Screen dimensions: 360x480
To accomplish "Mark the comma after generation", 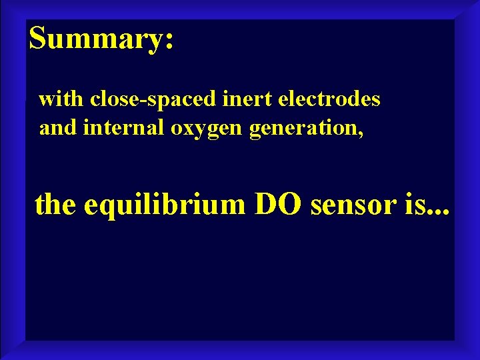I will [x=362, y=132].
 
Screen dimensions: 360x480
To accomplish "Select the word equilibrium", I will [x=165, y=205].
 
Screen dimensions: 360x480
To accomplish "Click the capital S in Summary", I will [x=39, y=39].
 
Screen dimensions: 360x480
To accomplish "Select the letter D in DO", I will [x=268, y=204].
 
